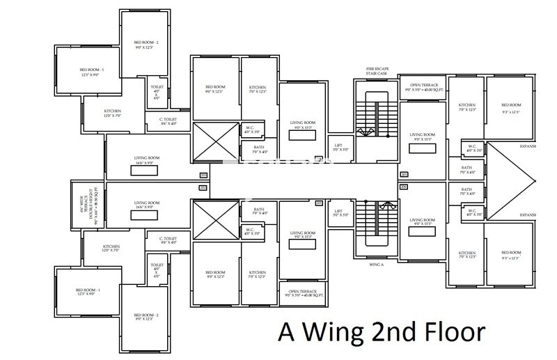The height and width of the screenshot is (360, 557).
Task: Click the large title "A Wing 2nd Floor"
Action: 381,331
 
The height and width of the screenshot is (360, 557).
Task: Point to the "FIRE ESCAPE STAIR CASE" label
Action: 377,73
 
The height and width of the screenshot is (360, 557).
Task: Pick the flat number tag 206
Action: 403,187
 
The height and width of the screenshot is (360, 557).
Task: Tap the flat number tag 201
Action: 203,174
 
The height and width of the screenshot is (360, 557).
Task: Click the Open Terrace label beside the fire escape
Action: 424,87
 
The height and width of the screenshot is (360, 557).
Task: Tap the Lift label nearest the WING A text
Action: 339,213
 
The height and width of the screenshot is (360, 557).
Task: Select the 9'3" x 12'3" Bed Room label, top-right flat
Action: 511,109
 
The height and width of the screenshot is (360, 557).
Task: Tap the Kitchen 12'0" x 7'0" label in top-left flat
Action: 113,114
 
